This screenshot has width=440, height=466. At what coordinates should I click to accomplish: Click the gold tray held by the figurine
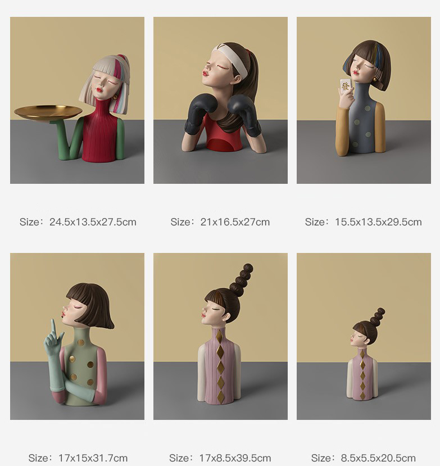pyautogui.click(x=48, y=112)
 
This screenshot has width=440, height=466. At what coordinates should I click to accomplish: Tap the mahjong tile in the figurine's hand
pyautogui.click(x=346, y=86)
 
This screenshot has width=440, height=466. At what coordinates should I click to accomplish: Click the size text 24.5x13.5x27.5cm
pyautogui.click(x=93, y=222)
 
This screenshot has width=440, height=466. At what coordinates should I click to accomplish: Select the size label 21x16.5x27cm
pyautogui.click(x=235, y=222)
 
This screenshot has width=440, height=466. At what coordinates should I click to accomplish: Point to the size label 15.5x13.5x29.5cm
pyautogui.click(x=378, y=222)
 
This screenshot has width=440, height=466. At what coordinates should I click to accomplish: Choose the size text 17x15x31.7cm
pyautogui.click(x=93, y=458)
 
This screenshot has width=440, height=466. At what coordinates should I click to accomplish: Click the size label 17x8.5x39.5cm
pyautogui.click(x=235, y=458)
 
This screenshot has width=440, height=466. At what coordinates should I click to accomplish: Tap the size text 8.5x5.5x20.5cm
pyautogui.click(x=378, y=458)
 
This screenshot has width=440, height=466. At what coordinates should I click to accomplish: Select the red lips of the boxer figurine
pyautogui.click(x=205, y=73)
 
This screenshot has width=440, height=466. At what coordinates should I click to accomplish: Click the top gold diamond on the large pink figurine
pyautogui.click(x=219, y=336)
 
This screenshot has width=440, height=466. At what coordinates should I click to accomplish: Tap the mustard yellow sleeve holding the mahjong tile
pyautogui.click(x=342, y=131)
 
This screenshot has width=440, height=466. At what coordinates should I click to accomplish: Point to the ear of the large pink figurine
pyautogui.click(x=227, y=317)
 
